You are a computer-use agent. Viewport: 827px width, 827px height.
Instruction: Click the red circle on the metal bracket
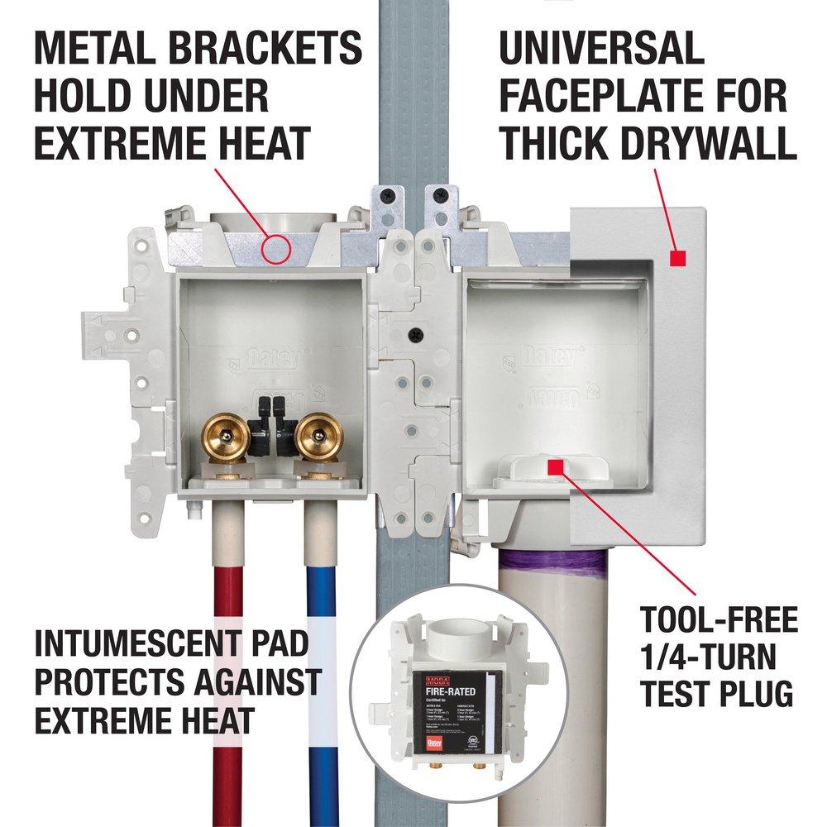pyautogui.click(x=275, y=246)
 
